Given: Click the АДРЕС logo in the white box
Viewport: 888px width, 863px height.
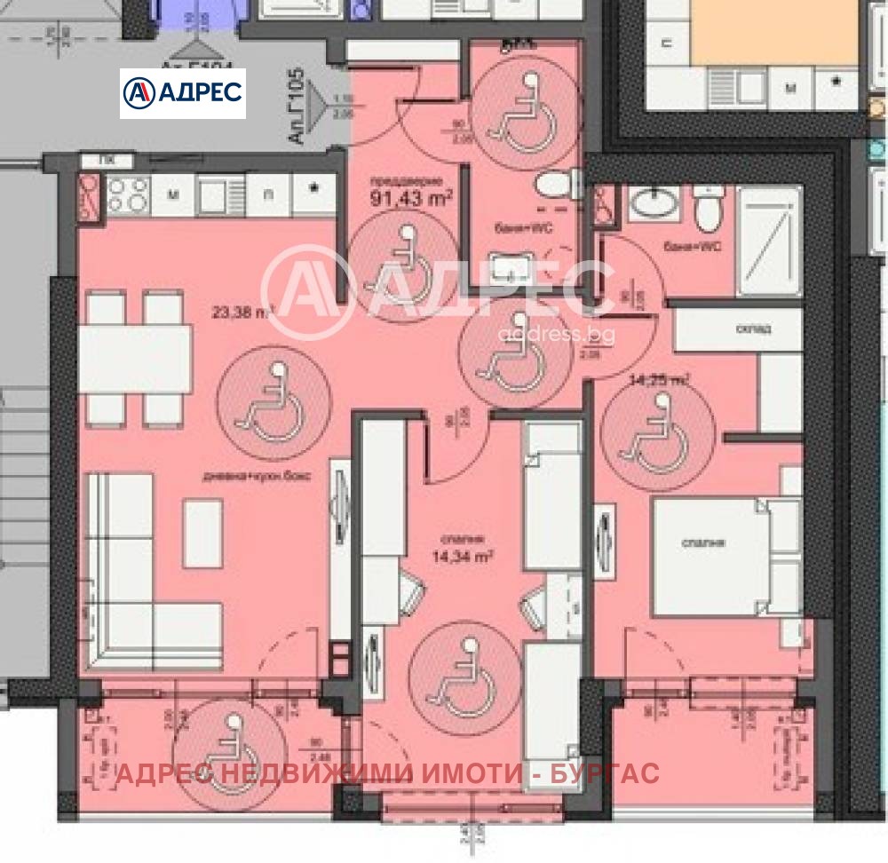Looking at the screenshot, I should [x=183, y=93].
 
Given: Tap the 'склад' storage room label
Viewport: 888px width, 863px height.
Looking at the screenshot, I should [x=753, y=329].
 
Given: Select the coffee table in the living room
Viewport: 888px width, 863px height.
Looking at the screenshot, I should [x=203, y=532].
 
